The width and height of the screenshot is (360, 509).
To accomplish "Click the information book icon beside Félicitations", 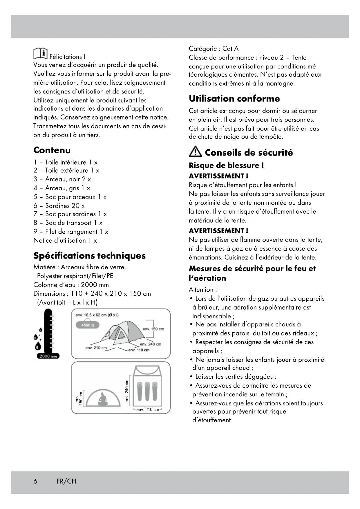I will coord(40,53).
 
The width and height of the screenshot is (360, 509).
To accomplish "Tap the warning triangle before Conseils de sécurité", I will coord(195,151).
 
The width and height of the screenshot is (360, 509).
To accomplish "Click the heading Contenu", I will coord(52,150).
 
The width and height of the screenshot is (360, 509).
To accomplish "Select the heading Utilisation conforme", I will coord(234,99).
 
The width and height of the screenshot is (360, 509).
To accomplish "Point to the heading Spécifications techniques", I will coord(89,256).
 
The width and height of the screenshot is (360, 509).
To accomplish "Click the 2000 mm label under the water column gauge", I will coord(48,356).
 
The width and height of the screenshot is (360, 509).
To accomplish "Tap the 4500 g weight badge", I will coord(87,325).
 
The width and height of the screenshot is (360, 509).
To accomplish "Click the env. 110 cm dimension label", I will coord(139,350).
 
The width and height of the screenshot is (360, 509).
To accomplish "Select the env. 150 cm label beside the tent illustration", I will coord(153,329).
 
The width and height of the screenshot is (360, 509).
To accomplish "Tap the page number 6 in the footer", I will coord(35,481).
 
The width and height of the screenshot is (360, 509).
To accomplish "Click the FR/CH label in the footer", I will coord(66,481).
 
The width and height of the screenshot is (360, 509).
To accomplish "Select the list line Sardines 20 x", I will coord(59,206).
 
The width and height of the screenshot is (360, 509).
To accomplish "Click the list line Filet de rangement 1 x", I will coord(71,232).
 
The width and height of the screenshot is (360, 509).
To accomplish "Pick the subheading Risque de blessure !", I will coord(226,165).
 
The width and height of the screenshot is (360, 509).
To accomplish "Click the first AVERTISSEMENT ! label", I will coord(218,176).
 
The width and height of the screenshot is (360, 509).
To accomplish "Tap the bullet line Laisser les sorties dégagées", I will coord(236,377).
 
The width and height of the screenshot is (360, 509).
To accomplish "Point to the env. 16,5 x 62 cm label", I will coord(97,315).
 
